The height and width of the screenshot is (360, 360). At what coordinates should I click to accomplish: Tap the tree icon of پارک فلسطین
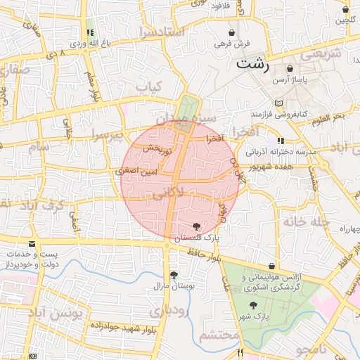196,226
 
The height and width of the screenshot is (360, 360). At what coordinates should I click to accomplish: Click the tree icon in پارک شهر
255,304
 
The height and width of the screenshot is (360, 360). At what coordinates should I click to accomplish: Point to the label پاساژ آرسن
290,82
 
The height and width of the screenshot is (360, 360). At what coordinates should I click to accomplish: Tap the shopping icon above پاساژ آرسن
290,69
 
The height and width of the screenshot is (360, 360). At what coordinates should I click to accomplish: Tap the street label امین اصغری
136,171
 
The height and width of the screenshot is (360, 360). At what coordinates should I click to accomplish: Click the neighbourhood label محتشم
219,336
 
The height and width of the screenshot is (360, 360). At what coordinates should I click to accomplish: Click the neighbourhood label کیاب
148,87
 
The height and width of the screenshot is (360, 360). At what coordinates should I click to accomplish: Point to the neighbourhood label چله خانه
305,221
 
